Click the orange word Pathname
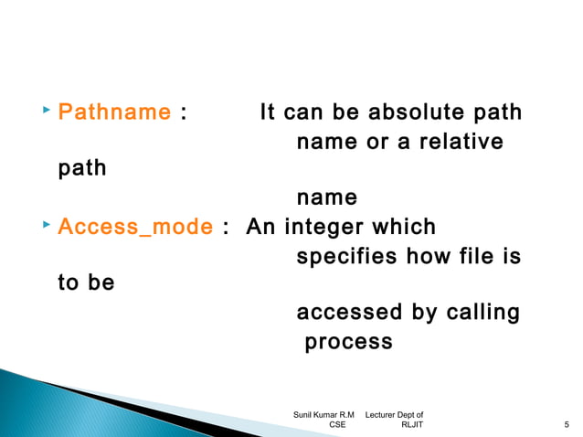[x=114, y=113]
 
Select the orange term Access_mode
[x=135, y=227]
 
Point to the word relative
[x=461, y=143]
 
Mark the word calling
[x=482, y=314]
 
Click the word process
[x=348, y=343]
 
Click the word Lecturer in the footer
[x=383, y=415]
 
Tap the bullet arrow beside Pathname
[x=47, y=111]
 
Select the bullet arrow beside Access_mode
[x=47, y=224]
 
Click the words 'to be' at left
[x=86, y=283]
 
